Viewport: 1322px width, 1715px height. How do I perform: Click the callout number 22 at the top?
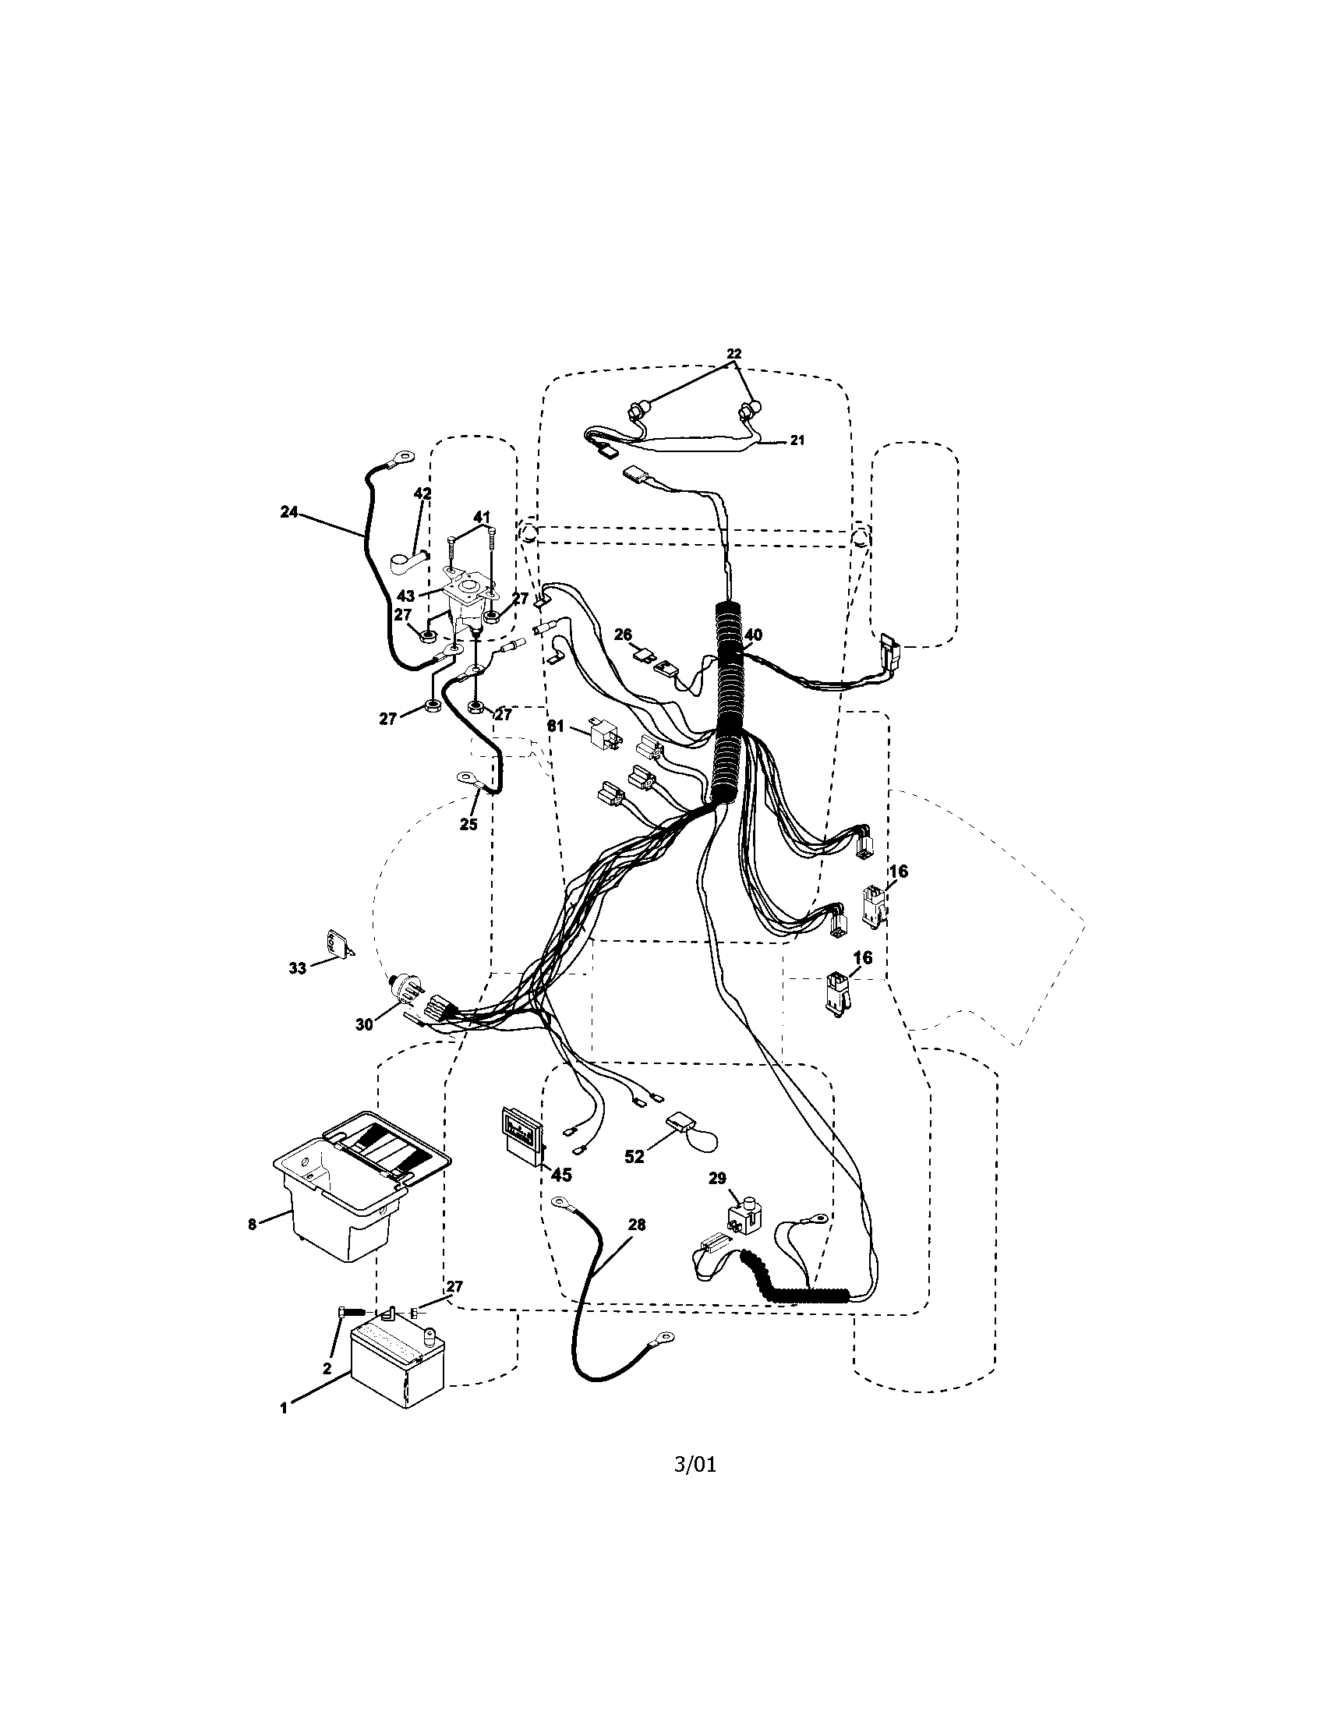coord(733,354)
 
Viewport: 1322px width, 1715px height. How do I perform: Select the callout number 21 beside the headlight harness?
coord(797,441)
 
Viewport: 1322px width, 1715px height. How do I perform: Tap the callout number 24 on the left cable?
coord(289,511)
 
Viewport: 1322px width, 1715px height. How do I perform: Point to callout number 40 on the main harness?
coord(753,635)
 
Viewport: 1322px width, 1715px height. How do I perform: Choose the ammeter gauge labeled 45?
coord(522,1138)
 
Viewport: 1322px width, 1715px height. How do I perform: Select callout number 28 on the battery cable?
coord(637,1224)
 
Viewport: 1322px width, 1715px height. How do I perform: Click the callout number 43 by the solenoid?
coord(405,596)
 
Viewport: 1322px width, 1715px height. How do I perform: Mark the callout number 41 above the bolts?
coord(482,517)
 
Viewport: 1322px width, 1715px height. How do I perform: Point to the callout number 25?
coord(468,825)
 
